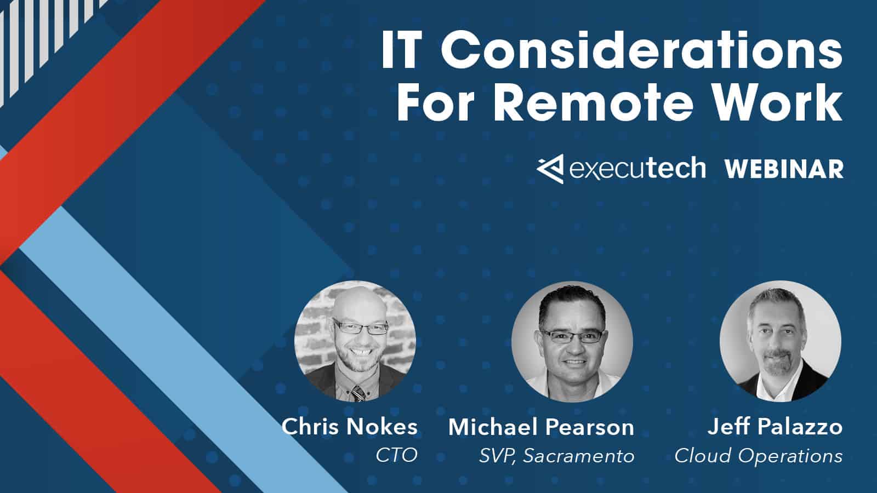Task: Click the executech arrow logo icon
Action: [x=550, y=168]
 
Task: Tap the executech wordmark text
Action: [x=637, y=168]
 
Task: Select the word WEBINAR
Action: [x=784, y=169]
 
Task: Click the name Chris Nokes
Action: [x=350, y=427]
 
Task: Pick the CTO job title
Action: [x=396, y=455]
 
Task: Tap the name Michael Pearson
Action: [x=541, y=427]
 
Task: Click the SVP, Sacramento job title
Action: [x=557, y=456]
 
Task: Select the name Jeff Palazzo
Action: [x=775, y=427]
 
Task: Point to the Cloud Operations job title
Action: [x=758, y=456]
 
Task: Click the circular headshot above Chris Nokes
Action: [x=355, y=341]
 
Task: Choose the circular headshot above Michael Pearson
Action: [x=572, y=342]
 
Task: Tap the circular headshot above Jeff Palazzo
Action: [x=780, y=341]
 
